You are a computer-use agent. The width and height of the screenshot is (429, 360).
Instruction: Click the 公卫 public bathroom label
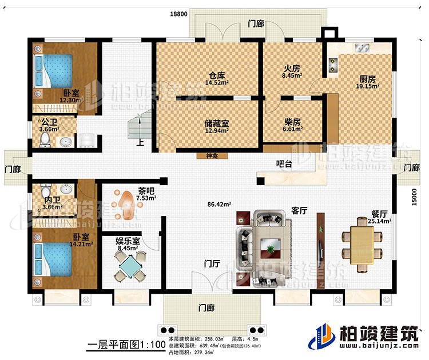[49, 122]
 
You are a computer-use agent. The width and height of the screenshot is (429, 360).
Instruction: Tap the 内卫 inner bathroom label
[49, 199]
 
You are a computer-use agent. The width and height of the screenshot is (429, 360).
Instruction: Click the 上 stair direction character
[140, 144]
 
